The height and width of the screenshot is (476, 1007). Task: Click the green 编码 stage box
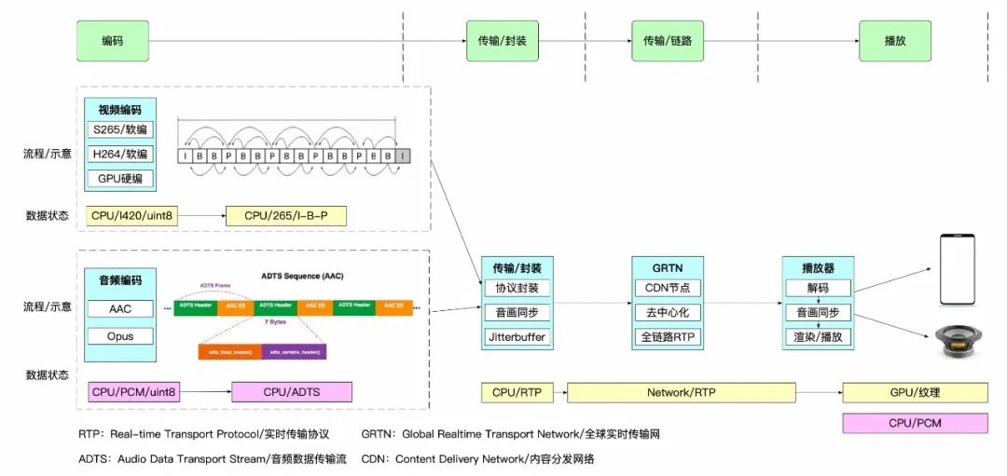(112, 41)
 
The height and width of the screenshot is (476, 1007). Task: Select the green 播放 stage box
(895, 41)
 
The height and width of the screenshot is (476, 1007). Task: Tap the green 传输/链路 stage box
(668, 41)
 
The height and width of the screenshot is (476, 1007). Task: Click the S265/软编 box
(120, 129)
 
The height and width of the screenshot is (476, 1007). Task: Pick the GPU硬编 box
(120, 178)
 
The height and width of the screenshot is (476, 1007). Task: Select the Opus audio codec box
(120, 336)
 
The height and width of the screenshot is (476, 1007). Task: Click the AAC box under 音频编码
(120, 308)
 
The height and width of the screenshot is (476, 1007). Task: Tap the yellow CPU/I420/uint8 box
(132, 216)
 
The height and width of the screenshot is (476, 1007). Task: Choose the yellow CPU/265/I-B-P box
(286, 216)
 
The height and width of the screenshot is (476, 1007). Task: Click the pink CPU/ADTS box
(292, 392)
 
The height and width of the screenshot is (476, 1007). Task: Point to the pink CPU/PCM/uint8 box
(133, 392)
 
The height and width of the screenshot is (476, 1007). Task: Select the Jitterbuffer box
(517, 336)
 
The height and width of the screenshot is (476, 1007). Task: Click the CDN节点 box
(668, 288)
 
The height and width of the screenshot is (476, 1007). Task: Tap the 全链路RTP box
(668, 336)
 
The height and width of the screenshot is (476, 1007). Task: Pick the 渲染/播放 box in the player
(819, 336)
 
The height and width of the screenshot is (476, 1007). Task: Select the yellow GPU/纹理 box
(914, 393)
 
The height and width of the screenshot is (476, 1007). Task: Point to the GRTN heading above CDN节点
(668, 267)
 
